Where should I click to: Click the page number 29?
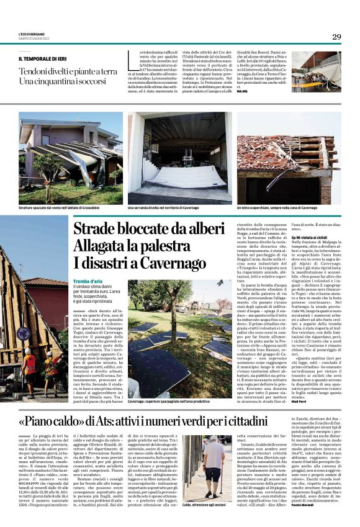tap(336, 37)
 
